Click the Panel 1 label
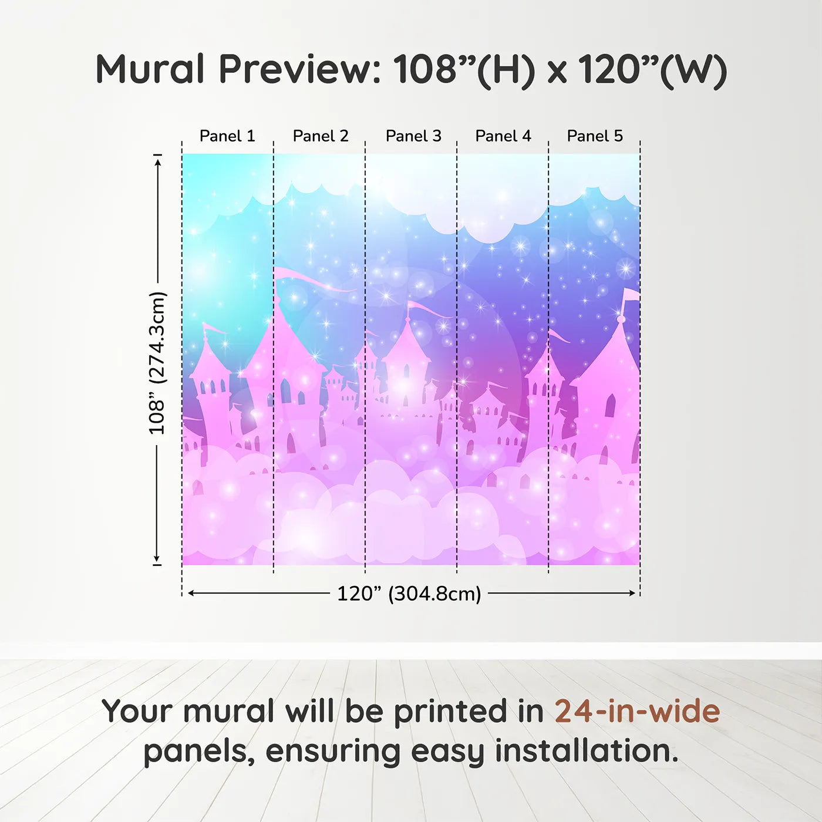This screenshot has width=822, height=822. (x=227, y=136)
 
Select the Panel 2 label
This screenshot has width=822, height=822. (x=321, y=136)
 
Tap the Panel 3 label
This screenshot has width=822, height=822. (x=413, y=136)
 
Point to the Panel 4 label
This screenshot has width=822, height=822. (x=503, y=136)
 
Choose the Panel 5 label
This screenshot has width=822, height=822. (x=595, y=136)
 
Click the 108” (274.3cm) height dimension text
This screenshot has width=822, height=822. (x=157, y=363)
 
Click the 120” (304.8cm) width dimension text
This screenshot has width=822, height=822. (x=409, y=594)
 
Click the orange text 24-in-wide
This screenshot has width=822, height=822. (x=637, y=711)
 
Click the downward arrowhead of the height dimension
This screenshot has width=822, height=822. (x=157, y=558)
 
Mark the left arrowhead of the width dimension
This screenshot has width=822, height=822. (x=193, y=593)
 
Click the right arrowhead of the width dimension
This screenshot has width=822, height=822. (x=631, y=593)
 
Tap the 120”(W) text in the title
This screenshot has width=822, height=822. (x=653, y=70)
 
